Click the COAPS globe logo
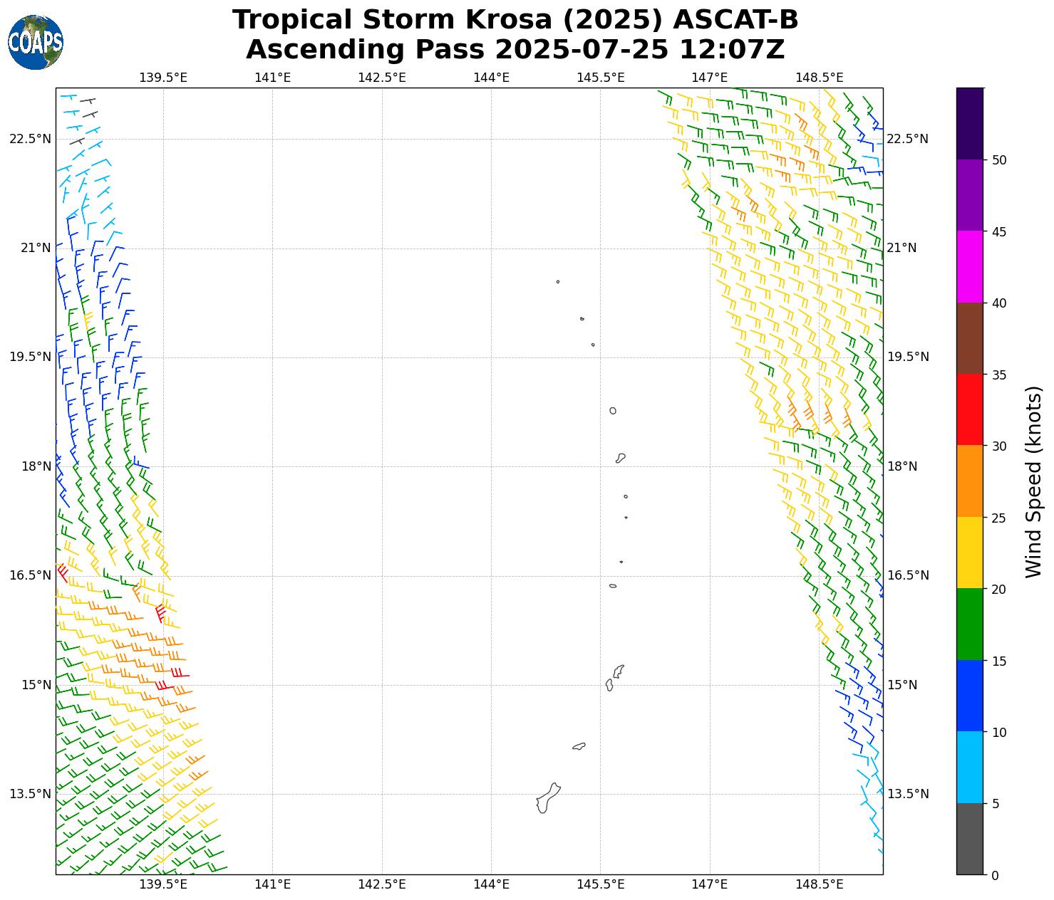tap(36, 43)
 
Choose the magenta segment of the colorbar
tap(969, 267)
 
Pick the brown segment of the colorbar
tap(969, 338)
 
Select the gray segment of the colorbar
tap(969, 839)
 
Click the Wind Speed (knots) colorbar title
tap(1033, 482)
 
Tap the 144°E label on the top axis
tap(491, 77)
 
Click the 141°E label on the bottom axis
tap(272, 885)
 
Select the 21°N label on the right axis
tap(901, 248)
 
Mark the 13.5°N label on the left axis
tap(30, 794)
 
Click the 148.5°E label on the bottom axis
tap(819, 885)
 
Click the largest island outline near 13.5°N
tap(547, 798)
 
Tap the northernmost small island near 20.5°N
tap(558, 282)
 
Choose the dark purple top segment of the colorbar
tap(969, 123)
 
